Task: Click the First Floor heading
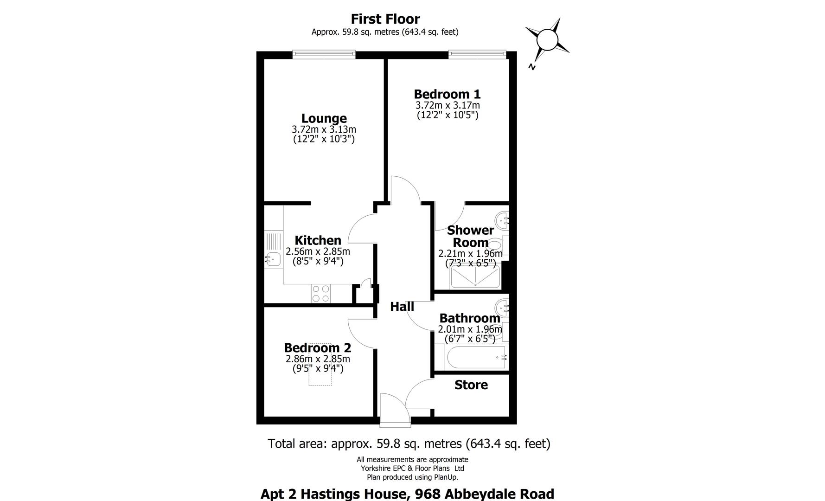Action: pyautogui.click(x=385, y=19)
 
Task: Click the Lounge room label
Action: pyautogui.click(x=324, y=119)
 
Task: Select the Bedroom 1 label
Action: pyautogui.click(x=447, y=94)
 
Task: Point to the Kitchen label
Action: pyautogui.click(x=318, y=240)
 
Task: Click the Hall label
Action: pyautogui.click(x=402, y=307)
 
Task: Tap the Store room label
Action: pyautogui.click(x=471, y=385)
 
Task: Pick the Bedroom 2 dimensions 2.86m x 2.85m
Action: pyautogui.click(x=318, y=359)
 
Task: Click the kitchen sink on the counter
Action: pyautogui.click(x=273, y=258)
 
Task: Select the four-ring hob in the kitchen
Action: pyautogui.click(x=320, y=293)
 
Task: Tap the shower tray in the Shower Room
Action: pyautogui.click(x=475, y=277)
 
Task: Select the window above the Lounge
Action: pyautogui.click(x=324, y=54)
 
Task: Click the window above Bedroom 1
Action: pyautogui.click(x=477, y=54)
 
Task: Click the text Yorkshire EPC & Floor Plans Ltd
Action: pyautogui.click(x=412, y=468)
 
